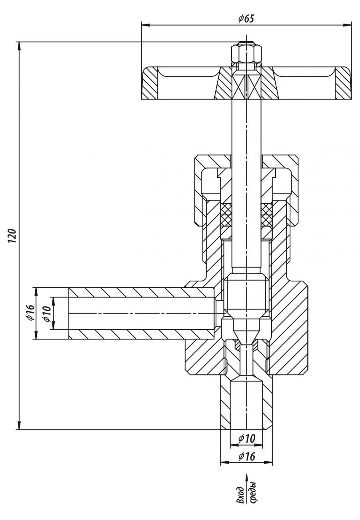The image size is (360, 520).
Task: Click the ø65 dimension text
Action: point(246,18)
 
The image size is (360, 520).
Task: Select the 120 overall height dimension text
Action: point(12,236)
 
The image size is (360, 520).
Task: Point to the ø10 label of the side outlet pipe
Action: point(46,313)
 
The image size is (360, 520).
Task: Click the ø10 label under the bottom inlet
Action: point(246,438)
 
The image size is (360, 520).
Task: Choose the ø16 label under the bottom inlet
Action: point(246,456)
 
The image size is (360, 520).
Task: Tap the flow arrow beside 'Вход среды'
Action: point(246,480)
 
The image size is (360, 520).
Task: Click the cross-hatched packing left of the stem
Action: point(226,214)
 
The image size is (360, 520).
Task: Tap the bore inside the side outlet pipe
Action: point(140,313)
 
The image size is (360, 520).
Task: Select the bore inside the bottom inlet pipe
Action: point(246,404)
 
